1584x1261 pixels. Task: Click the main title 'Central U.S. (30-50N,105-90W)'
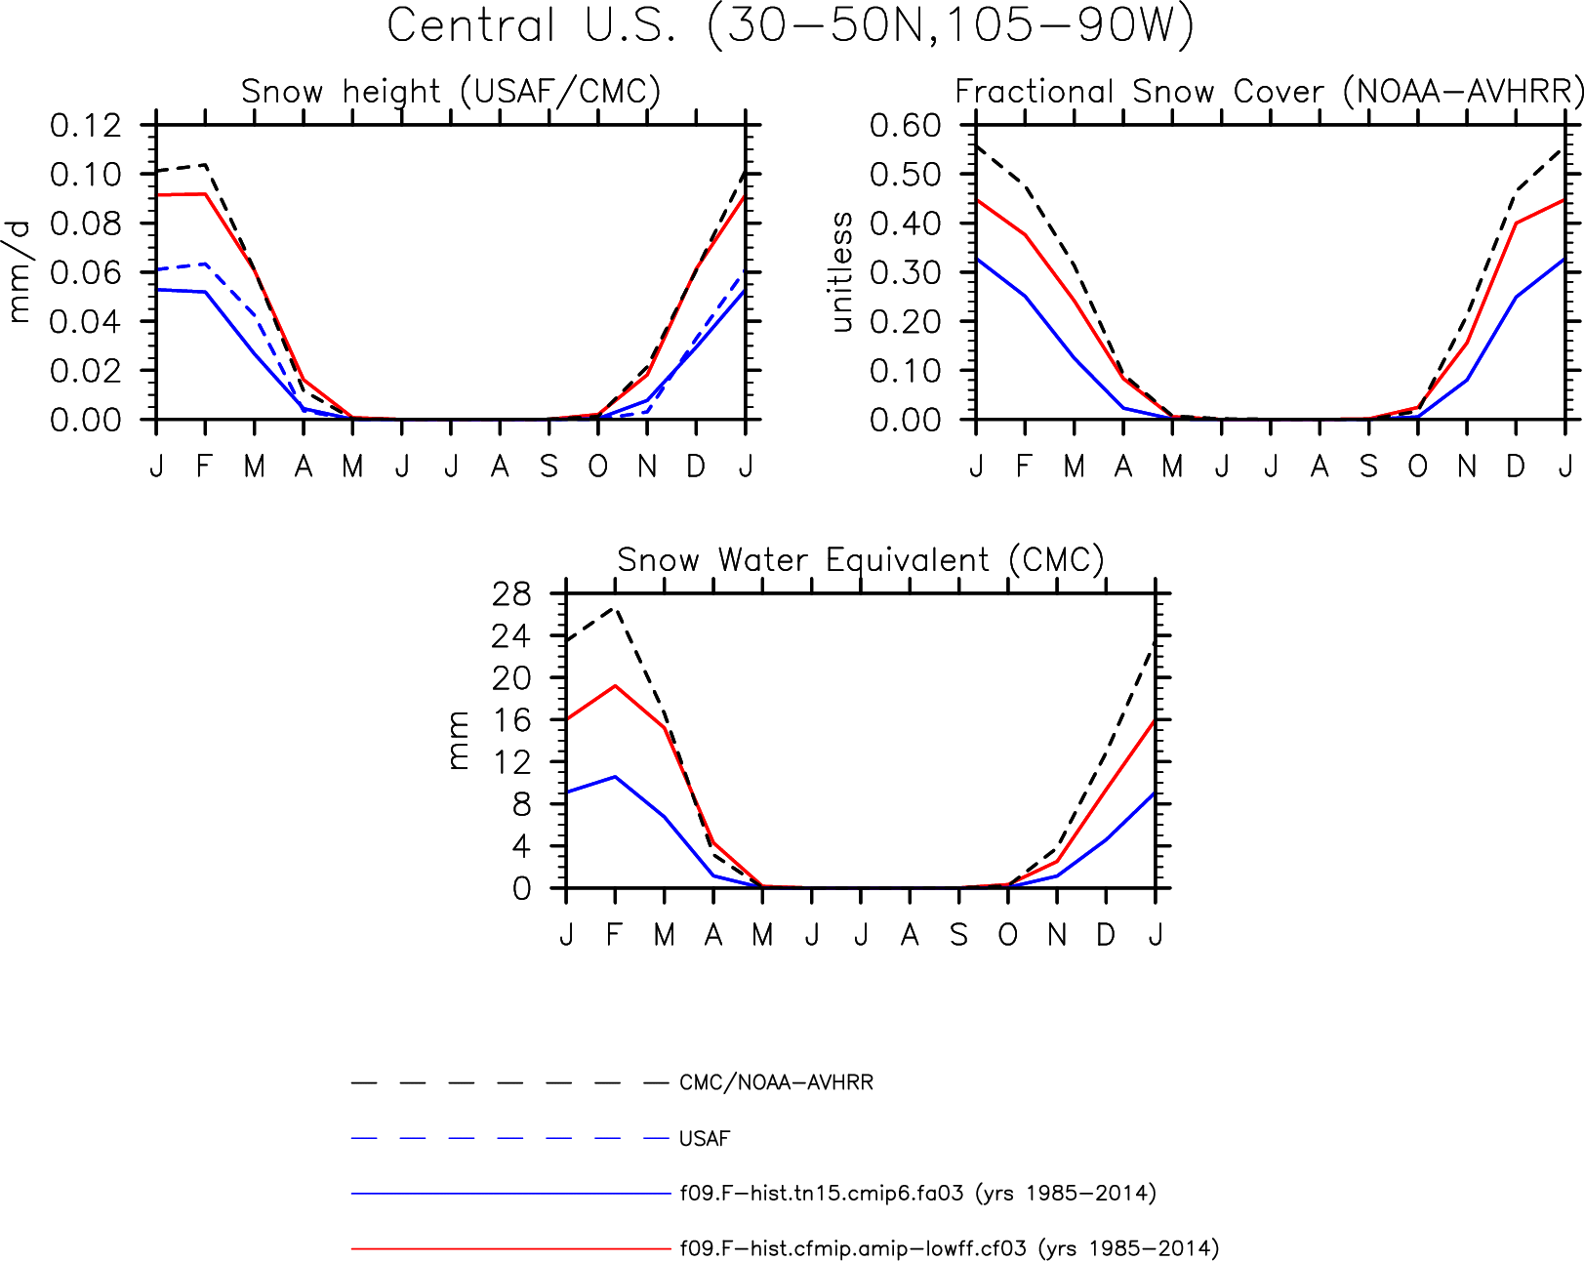point(790,26)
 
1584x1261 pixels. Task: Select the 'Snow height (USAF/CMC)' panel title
point(451,92)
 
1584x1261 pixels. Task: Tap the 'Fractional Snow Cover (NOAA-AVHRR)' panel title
point(1269,92)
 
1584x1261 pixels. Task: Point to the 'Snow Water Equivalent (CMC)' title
point(861,560)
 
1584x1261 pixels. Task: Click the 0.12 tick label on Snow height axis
point(85,125)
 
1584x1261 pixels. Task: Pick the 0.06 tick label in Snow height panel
point(85,272)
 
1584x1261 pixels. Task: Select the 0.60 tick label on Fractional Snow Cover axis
point(906,125)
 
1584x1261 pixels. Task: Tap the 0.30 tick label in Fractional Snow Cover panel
point(906,272)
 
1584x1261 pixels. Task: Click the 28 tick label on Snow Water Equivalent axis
point(510,593)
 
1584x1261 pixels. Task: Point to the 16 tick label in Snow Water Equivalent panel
point(510,720)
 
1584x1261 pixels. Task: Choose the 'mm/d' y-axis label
point(20,272)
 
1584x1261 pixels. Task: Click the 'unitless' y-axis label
point(840,272)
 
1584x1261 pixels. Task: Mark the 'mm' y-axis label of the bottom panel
point(458,741)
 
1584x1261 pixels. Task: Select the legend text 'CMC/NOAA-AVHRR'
point(776,1082)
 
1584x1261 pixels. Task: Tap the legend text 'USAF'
point(705,1138)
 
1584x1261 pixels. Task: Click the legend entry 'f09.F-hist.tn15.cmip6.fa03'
point(822,1193)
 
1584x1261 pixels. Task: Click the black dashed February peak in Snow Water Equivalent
point(615,607)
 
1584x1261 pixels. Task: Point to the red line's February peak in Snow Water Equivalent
point(615,685)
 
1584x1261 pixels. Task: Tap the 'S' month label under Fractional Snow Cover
point(1368,466)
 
